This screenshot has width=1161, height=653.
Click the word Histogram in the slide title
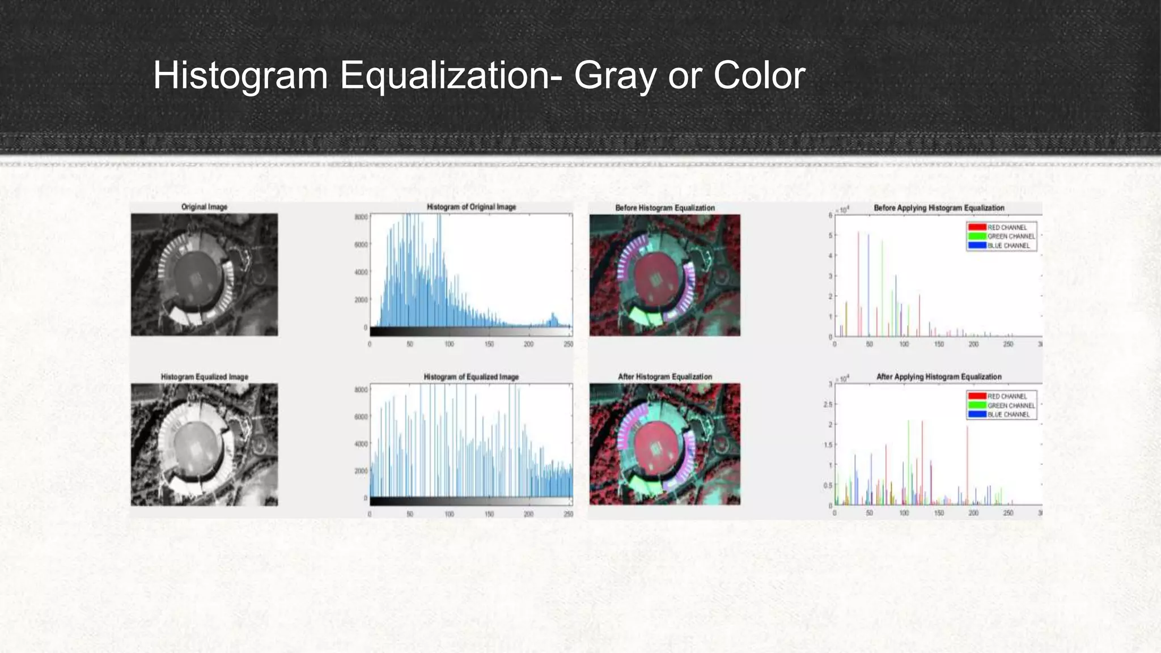coord(240,76)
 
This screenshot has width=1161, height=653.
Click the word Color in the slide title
coord(759,76)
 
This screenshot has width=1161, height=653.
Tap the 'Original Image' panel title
coord(204,207)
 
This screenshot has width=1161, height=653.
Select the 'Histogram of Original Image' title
coord(471,207)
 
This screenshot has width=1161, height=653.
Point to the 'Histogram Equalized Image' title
coord(204,376)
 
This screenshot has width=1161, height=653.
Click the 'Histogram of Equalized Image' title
coord(471,376)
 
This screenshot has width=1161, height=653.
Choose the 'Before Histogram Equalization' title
coord(665,208)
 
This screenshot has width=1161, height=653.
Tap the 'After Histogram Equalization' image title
coord(665,376)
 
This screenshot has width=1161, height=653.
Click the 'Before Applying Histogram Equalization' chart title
coord(939,208)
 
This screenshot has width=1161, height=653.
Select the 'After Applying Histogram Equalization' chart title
coord(939,376)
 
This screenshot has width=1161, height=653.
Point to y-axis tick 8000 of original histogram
coord(361,217)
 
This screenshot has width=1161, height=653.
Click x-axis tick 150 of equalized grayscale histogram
coord(489,514)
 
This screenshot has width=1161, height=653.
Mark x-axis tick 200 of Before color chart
coord(973,344)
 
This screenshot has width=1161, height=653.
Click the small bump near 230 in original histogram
coord(553,319)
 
